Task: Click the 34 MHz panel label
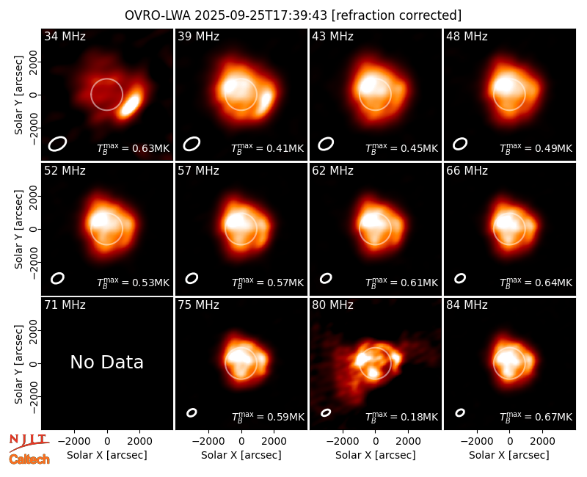point(65,36)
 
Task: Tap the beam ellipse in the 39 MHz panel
point(192,144)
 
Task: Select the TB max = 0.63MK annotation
point(134,148)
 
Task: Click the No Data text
point(106,362)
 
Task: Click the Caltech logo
point(29,459)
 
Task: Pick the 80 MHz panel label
point(333,305)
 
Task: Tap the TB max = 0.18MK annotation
point(401,417)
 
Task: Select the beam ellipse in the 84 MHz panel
point(460,412)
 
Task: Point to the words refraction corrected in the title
point(396,15)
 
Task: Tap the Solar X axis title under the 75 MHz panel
point(241,455)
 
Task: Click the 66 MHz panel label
point(467,171)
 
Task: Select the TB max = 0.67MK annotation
point(536,417)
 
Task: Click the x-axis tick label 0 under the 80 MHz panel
point(376,441)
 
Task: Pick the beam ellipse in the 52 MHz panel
point(58,278)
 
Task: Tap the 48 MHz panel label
point(467,36)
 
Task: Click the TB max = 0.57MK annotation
point(268,283)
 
